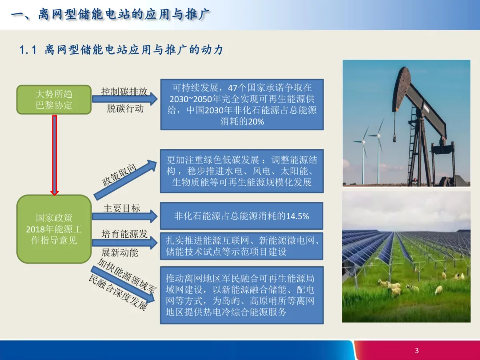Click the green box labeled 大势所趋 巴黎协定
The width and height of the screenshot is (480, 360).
[x=54, y=100]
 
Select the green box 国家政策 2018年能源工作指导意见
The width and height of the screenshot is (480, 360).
[x=54, y=229]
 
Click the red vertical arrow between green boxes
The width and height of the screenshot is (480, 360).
[x=55, y=155]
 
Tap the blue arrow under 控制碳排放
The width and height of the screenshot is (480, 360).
[x=124, y=99]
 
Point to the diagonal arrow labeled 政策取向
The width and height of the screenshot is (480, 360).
[x=125, y=180]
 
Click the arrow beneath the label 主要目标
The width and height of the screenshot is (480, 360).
[x=124, y=216]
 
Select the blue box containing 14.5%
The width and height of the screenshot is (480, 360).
[x=241, y=216]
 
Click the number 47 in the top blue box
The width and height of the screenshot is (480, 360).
[x=232, y=88]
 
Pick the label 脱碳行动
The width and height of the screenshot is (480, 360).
[x=125, y=109]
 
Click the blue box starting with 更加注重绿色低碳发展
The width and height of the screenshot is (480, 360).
[x=241, y=171]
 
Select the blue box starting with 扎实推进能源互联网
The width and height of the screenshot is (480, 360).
[x=241, y=246]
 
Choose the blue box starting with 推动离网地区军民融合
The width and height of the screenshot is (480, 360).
[x=241, y=295]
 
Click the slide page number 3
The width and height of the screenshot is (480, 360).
[x=416, y=351]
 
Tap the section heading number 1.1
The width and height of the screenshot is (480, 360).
[x=28, y=50]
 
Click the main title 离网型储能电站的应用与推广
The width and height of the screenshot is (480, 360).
[x=124, y=14]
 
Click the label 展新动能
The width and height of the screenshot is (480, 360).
[x=120, y=252]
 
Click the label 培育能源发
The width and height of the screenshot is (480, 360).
[x=124, y=234]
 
